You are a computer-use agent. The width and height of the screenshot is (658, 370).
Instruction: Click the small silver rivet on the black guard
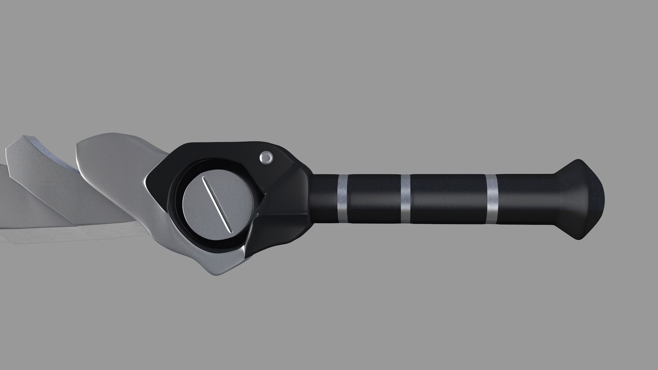[x=266, y=158]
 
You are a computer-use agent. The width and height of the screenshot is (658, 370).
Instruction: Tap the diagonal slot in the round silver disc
[x=217, y=204]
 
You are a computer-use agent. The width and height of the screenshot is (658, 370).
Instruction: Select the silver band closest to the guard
[x=342, y=198]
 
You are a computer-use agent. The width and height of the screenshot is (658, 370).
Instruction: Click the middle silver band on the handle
[x=406, y=199]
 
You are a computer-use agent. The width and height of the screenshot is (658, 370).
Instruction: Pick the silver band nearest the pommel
[x=492, y=199]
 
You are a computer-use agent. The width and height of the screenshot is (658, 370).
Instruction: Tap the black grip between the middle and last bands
[x=449, y=199]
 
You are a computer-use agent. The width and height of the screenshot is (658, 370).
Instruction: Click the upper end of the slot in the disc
[x=204, y=179]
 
